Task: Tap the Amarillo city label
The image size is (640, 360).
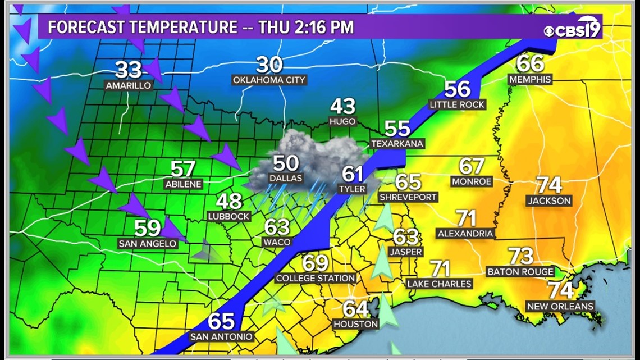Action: (129, 85)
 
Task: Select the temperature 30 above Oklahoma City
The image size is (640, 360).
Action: (269, 65)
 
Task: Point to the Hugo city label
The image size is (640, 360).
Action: (342, 121)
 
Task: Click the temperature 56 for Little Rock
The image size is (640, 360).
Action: (457, 89)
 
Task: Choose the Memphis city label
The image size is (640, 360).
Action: (530, 79)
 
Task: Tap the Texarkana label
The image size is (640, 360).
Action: (397, 144)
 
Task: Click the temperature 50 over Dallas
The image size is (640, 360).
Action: (285, 163)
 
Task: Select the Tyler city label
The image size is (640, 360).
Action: (352, 189)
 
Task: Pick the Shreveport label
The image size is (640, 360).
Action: (408, 197)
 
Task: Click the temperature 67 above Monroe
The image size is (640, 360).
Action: (471, 166)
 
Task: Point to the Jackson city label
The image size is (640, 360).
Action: (550, 200)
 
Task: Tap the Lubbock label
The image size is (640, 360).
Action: (228, 216)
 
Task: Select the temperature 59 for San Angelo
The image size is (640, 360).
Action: (147, 228)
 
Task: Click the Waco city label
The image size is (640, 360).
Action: (277, 242)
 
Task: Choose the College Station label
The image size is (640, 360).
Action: (316, 278)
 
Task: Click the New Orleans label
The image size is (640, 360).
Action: (560, 306)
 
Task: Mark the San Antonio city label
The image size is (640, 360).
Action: (222, 337)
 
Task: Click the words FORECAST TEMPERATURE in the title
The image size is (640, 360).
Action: (142, 27)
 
